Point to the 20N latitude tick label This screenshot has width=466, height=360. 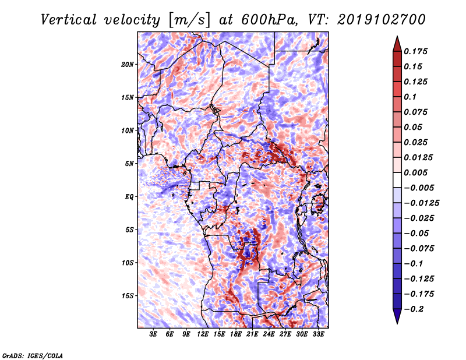pyautogui.click(x=128, y=64)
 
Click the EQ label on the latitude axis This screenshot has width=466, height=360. pyautogui.click(x=130, y=196)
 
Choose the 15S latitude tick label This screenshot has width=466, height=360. pyautogui.click(x=128, y=295)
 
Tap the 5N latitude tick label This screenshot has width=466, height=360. pyautogui.click(x=129, y=163)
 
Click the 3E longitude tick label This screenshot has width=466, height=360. pyautogui.click(x=154, y=335)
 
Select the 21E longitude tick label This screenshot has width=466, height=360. pyautogui.click(x=253, y=335)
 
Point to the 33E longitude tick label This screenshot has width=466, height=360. pyautogui.click(x=319, y=335)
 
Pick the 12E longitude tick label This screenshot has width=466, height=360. pyautogui.click(x=203, y=335)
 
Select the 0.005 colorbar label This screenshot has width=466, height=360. pyautogui.click(x=417, y=172)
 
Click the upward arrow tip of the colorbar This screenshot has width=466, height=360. pyautogui.click(x=397, y=37)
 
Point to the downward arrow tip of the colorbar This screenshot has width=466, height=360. pyautogui.click(x=397, y=322)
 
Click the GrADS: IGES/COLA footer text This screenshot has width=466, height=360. pyautogui.click(x=32, y=355)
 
